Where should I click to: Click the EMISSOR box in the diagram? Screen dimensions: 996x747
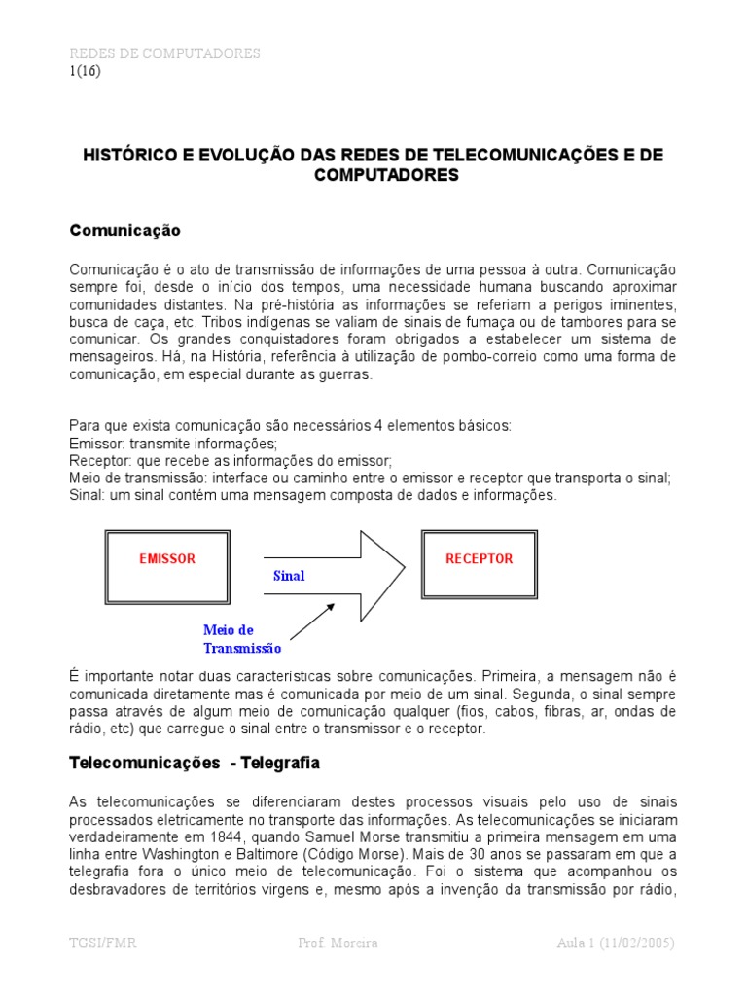tap(166, 559)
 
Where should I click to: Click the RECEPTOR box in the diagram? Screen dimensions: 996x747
tap(479, 559)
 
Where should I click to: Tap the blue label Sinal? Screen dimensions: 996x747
tap(289, 576)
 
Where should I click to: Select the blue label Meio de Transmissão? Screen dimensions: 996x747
tap(242, 639)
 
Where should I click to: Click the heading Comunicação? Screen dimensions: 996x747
tap(124, 231)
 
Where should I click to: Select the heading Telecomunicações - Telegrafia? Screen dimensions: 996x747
tap(195, 765)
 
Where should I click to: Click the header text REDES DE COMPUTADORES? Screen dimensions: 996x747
tap(164, 53)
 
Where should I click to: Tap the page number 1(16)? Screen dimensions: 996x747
tap(85, 70)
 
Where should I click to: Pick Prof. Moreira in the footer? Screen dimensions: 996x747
tap(338, 944)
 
